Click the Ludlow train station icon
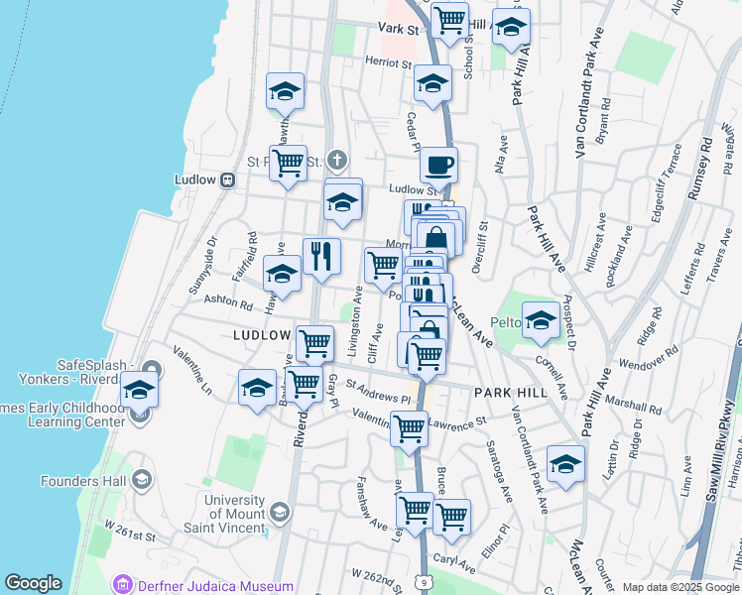coord(228,180)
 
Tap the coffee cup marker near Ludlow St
coord(438,165)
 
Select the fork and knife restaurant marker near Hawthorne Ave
coord(321,257)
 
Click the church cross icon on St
coord(337,160)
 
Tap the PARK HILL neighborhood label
coord(510,393)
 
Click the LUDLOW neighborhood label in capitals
coord(261,336)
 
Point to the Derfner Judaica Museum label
coord(215,586)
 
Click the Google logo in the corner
coord(34,583)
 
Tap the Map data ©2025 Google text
coord(680,587)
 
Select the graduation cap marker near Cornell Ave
coord(541,319)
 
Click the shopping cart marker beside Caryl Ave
coord(451,517)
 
